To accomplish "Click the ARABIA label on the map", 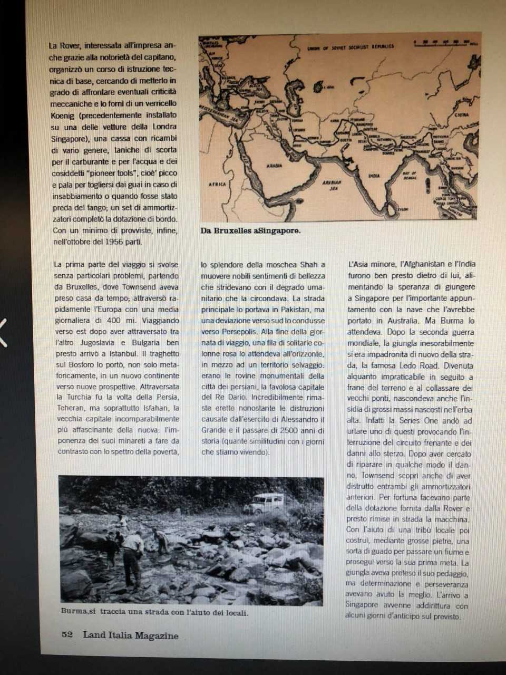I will (x=274, y=166).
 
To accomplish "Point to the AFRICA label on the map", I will (x=218, y=185).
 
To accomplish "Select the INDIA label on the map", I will (x=374, y=176).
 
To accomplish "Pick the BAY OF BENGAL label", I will (x=410, y=175).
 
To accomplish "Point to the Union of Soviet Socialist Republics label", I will (x=350, y=47).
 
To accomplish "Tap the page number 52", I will (x=67, y=634).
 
